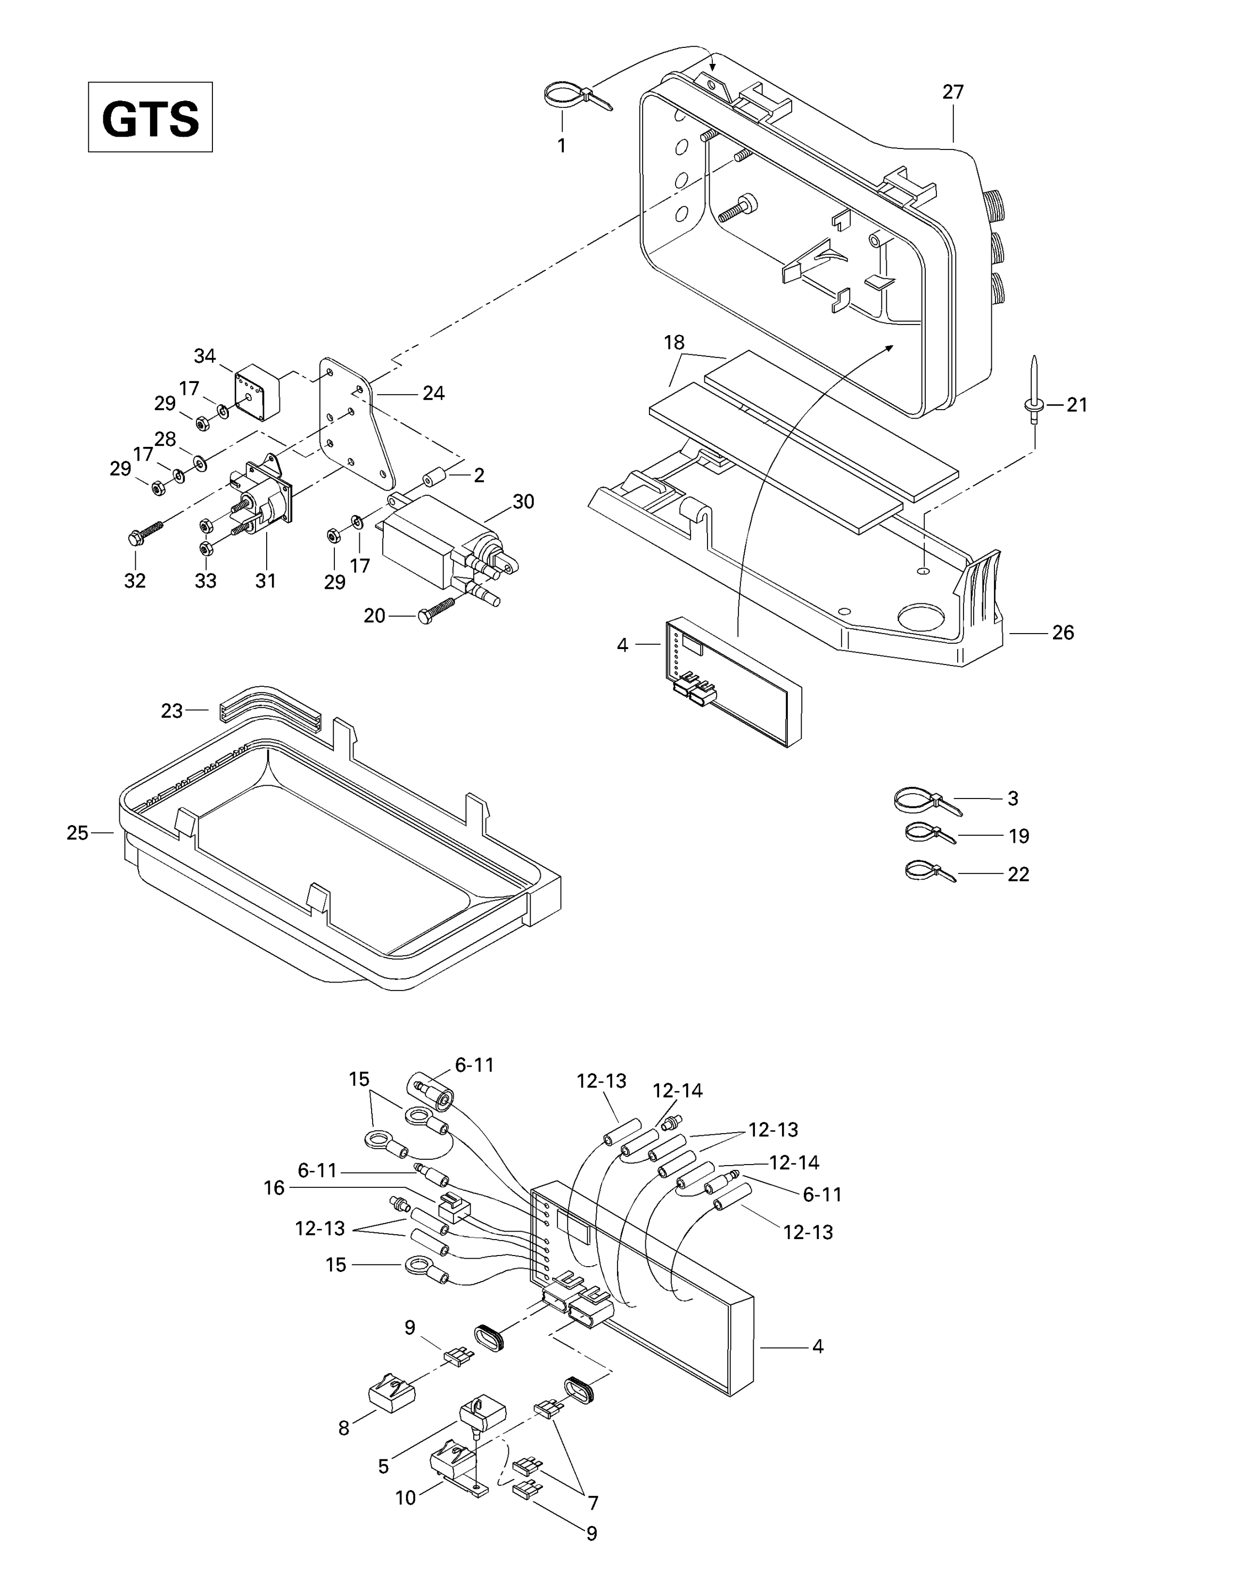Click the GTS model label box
150,117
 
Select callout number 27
952,92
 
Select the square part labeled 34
257,393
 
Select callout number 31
265,580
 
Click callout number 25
78,833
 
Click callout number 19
1018,836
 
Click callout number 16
274,1188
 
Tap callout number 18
673,342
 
